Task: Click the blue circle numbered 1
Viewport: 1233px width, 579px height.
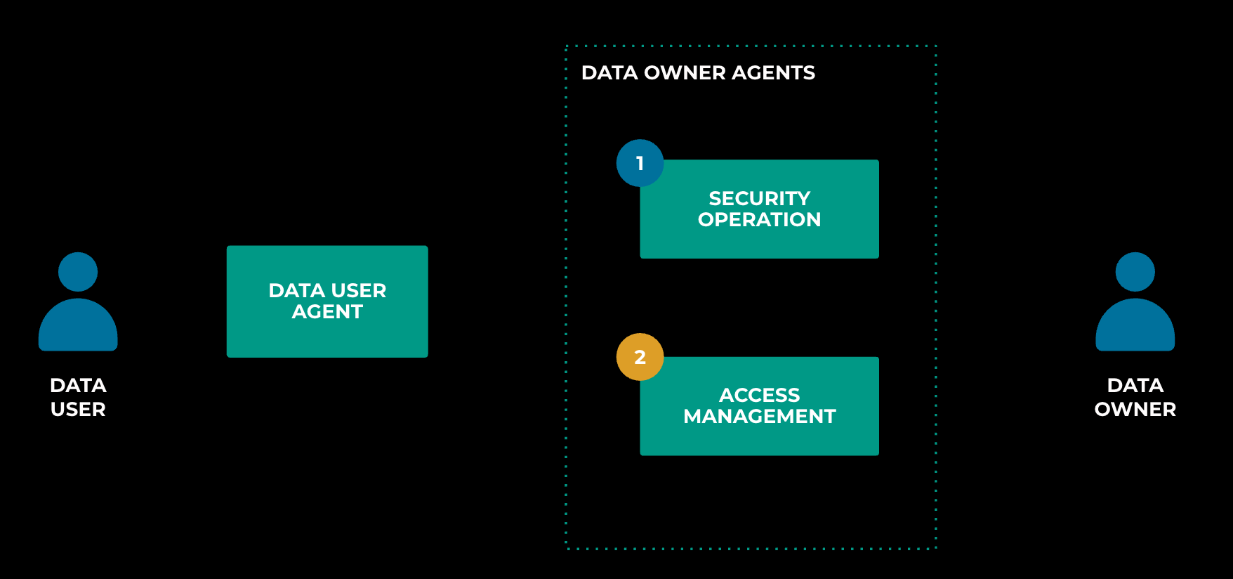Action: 640,163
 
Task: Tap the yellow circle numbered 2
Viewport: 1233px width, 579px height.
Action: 640,357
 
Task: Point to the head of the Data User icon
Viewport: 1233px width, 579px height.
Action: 78,272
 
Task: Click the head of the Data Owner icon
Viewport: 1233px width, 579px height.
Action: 1135,272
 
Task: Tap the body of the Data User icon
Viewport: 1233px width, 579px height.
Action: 78,327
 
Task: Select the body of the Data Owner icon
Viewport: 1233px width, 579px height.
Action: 1135,327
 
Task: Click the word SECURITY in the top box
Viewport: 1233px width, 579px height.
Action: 759,198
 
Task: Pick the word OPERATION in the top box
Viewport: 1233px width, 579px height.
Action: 759,219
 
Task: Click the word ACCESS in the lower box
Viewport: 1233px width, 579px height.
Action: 759,395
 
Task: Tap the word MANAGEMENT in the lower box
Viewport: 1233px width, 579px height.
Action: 759,416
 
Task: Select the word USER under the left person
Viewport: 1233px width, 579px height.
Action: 78,409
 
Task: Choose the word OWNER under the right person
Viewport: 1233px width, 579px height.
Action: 1135,409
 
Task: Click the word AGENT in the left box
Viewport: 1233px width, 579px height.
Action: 327,311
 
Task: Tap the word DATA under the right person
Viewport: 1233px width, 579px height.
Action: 1135,385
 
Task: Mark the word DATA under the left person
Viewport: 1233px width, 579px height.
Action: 78,385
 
